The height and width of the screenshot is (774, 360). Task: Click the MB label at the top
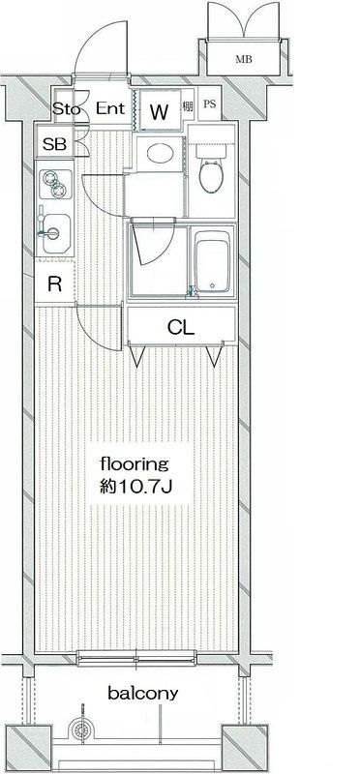coord(244,60)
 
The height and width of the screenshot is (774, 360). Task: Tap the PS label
coord(210,104)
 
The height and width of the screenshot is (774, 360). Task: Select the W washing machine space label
coord(159,112)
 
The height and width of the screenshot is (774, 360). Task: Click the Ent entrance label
coord(110,108)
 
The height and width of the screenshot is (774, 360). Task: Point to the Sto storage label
coord(66,108)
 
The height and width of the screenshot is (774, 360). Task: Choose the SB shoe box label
coord(54,144)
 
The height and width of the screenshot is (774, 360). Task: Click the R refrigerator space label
coord(54,283)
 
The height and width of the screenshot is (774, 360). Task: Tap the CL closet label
coord(181,326)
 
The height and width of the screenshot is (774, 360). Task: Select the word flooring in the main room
coord(135,465)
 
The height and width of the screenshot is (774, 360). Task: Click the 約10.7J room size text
coord(135,488)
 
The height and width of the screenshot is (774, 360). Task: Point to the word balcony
coord(143,694)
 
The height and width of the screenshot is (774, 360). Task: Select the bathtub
coord(212,261)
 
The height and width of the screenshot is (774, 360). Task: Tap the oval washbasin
coord(160,154)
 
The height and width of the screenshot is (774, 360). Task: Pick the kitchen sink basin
coord(56,234)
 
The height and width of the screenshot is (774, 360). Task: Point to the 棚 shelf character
coord(187,105)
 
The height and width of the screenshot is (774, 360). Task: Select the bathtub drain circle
coord(212,285)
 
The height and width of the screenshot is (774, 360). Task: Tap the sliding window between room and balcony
coord(136,658)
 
